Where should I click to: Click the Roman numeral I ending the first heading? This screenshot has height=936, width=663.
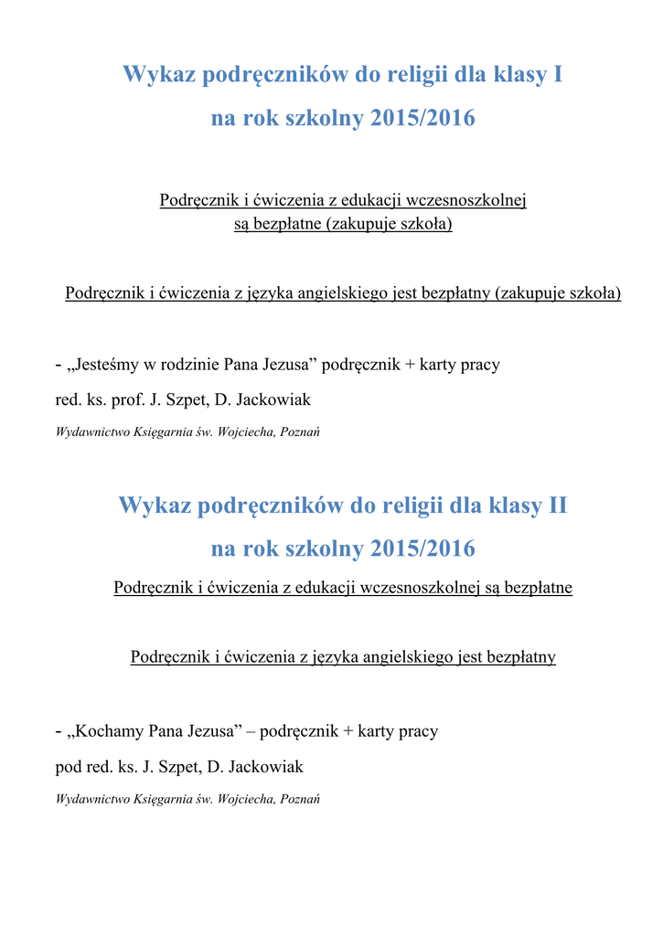558,74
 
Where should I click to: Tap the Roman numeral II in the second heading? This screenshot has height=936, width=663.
557,505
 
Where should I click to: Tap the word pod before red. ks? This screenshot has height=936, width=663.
69,766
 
